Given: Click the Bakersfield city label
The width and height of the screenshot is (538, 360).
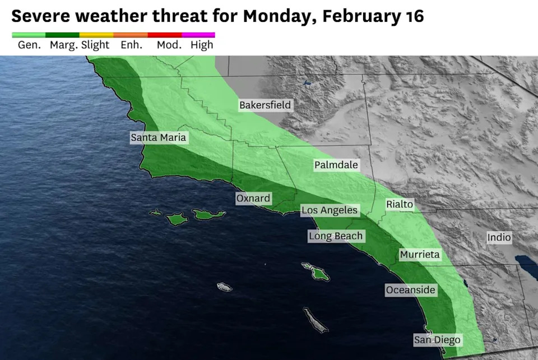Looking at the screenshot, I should (265, 105).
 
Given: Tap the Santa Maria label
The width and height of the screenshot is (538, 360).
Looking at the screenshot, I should (158, 137).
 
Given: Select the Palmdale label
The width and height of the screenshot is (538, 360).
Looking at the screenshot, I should (336, 165).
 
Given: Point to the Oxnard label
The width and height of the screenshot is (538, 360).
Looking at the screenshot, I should (253, 199).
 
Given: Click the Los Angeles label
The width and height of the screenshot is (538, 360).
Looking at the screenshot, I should (330, 210).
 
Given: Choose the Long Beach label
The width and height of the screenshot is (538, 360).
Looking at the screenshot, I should (336, 236).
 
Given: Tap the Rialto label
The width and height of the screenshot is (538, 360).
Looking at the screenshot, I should (400, 205).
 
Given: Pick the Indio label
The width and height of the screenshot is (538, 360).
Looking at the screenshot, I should (499, 237).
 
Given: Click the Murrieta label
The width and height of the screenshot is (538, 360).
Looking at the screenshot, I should (420, 255).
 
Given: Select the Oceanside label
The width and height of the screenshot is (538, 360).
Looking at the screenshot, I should (410, 290).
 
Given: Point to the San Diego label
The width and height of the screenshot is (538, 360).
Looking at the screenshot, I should (437, 340).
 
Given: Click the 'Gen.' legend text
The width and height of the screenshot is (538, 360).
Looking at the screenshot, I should (29, 45).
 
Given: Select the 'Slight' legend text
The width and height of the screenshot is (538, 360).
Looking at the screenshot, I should (95, 45).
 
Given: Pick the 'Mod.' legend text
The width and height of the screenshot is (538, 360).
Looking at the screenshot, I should (169, 45).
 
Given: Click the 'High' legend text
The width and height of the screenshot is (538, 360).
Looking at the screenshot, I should (202, 45).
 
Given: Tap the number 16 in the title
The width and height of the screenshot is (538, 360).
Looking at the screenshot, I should (414, 16).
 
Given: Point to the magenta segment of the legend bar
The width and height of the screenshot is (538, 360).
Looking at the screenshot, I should (198, 35).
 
